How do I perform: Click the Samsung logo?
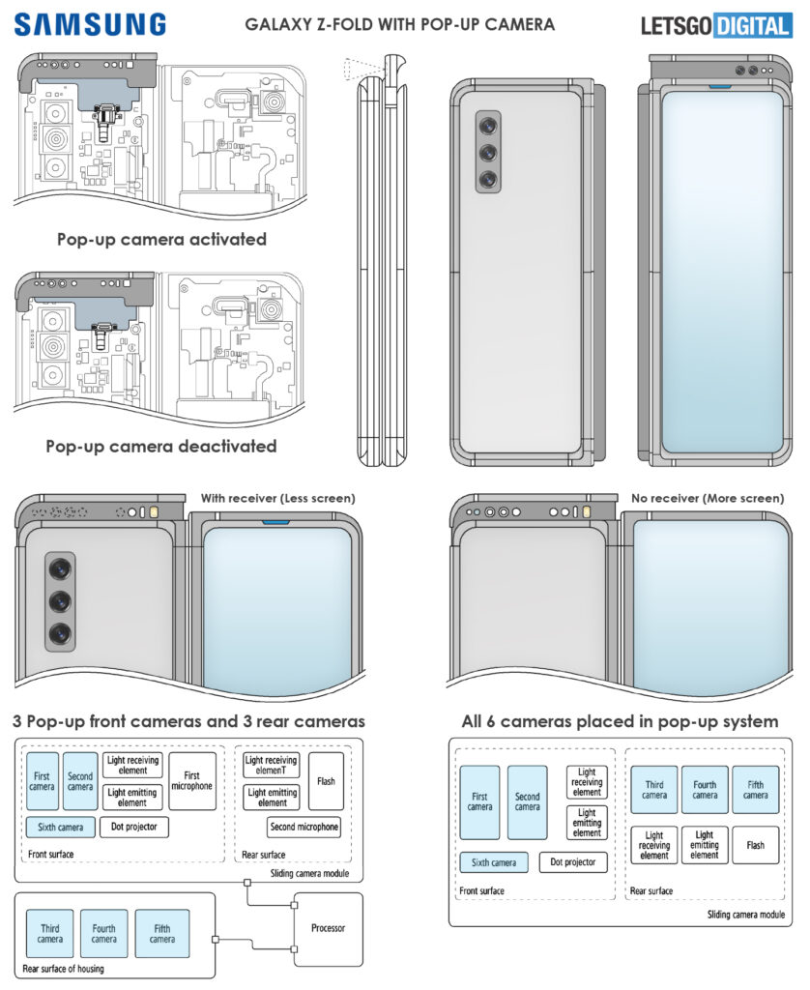(89, 24)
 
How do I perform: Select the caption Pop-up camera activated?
(161, 238)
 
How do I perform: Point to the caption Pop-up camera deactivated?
(161, 447)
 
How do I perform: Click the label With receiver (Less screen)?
(277, 498)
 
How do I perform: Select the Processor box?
(327, 928)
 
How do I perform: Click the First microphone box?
(192, 781)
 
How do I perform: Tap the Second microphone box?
(304, 827)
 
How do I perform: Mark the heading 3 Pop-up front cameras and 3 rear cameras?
(189, 721)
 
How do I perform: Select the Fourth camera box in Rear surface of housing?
(104, 934)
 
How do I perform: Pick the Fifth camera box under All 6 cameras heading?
(755, 789)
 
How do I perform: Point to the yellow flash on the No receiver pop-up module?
(587, 512)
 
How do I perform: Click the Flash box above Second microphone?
(326, 781)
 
